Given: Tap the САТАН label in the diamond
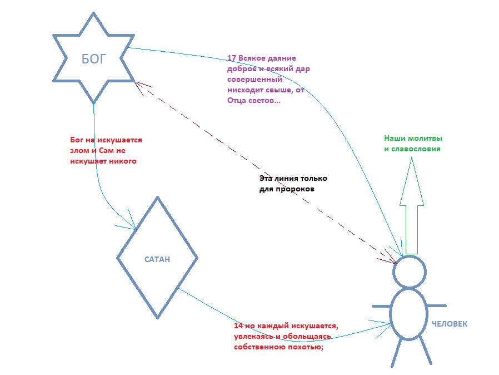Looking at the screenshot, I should coord(157,259).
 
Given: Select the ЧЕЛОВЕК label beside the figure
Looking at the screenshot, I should coord(449,324).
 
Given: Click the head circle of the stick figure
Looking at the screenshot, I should coord(410,272).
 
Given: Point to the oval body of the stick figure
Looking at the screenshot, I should coord(409,314).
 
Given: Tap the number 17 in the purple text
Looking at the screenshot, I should coord(232,58).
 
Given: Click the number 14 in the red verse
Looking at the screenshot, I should coord(238,325).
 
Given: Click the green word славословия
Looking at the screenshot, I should coord(417,149).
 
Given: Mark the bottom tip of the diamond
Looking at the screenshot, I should coord(158,318).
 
